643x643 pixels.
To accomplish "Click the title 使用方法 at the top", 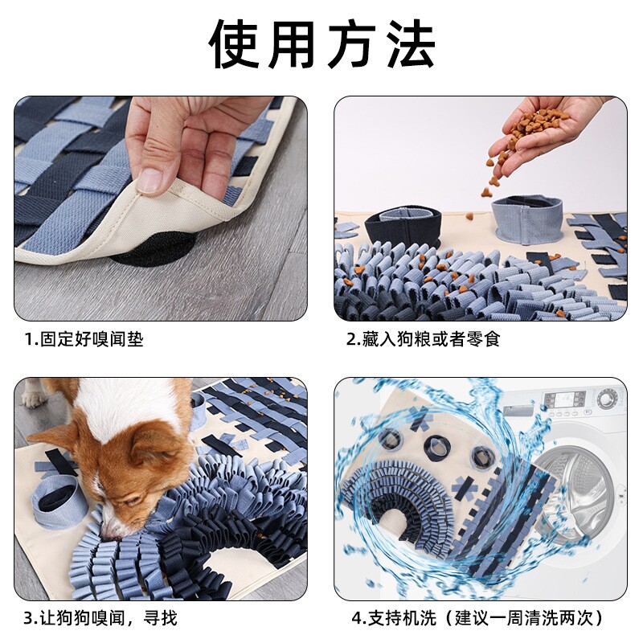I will pos(321,44).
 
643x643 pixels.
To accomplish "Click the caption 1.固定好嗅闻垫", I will pos(84,339).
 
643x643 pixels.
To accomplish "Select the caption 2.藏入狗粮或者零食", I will pos(423,339).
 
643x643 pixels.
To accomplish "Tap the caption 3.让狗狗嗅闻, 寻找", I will pos(100,617).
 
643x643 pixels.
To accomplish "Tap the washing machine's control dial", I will pos(608,398).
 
